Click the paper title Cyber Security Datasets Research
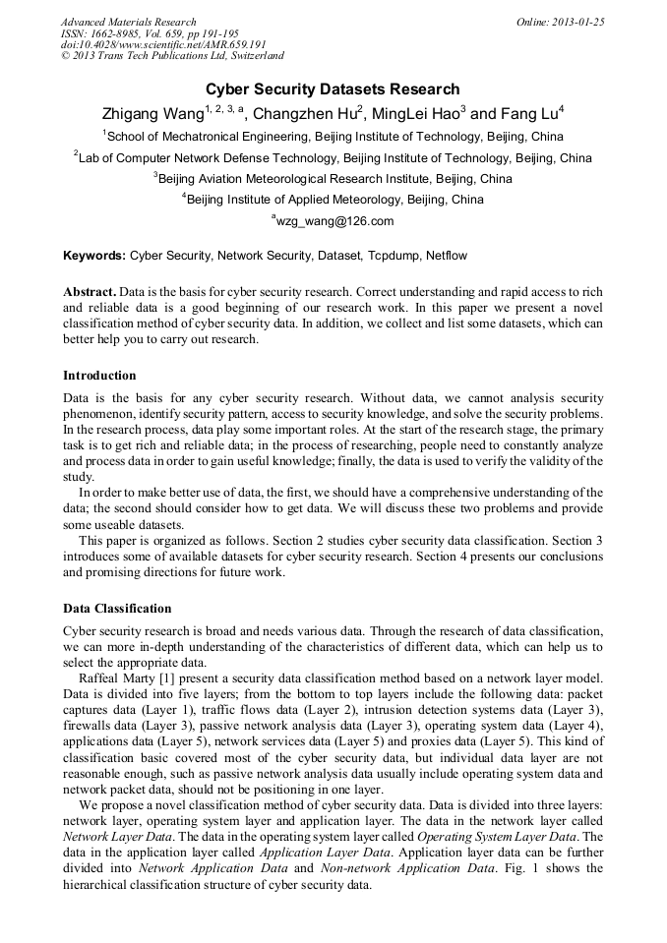click(333, 89)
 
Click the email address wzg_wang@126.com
click(334, 221)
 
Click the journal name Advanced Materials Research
click(128, 21)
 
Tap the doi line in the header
click(163, 44)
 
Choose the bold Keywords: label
click(94, 256)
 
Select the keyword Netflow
click(447, 256)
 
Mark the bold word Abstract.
click(90, 293)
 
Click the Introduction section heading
click(99, 376)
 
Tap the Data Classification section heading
click(117, 609)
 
